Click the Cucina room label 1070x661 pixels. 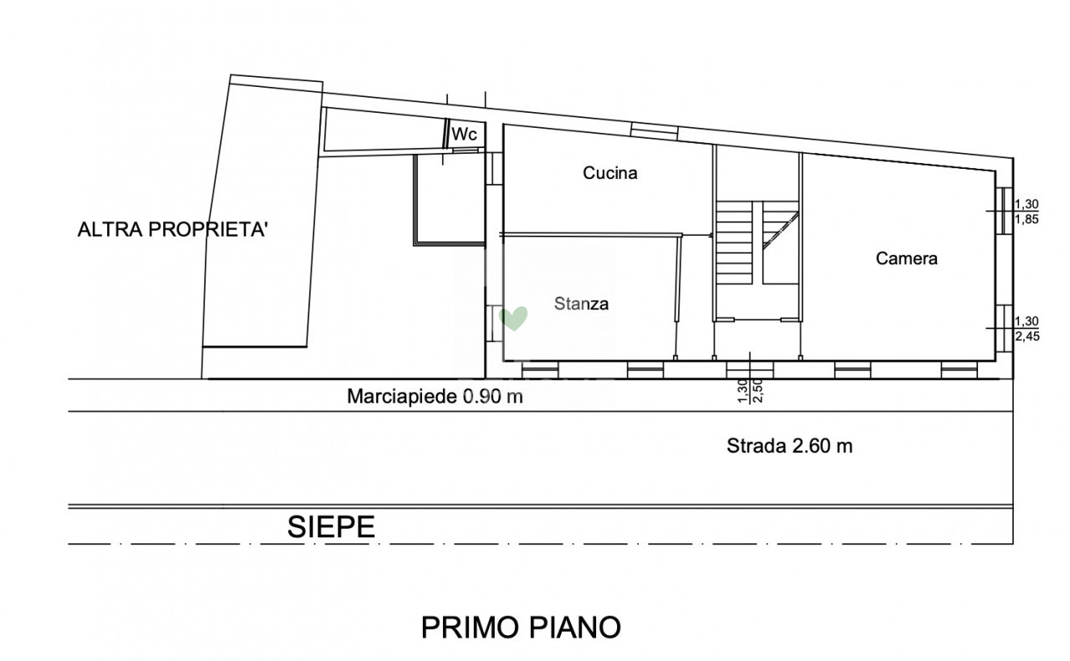pos(610,173)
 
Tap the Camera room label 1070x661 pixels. pos(906,258)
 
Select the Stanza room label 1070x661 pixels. pos(581,303)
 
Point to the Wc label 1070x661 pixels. pos(464,135)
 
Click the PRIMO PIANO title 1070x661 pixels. pos(521,628)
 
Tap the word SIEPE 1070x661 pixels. pos(331,526)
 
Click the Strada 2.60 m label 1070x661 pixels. pos(790,446)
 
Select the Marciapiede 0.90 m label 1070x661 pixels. pos(435,396)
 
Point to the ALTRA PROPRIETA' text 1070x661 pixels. pos(172,230)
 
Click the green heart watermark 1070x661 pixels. pos(513,318)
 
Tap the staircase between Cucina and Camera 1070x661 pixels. pos(757,242)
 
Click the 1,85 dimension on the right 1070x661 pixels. pos(1027,220)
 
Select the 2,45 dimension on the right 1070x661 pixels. pos(1027,336)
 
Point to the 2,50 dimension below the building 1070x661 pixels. pos(758,391)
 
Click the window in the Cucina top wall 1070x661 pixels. pos(654,131)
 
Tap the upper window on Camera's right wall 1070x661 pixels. pos(1004,211)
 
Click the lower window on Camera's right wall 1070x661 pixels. pos(1004,328)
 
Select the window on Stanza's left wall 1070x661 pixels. pos(494,323)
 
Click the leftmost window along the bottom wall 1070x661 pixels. pos(540,370)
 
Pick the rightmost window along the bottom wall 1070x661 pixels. pos(959,370)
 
